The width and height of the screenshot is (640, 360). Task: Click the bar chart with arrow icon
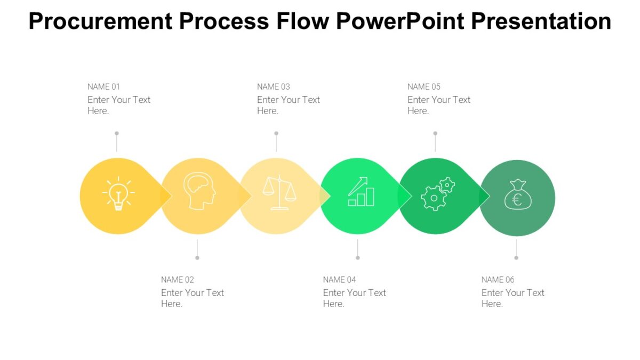coord(361,192)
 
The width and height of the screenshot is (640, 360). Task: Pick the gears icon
coord(438,194)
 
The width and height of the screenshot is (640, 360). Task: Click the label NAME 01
coord(104,86)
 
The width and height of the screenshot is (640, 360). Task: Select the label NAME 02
coord(178,279)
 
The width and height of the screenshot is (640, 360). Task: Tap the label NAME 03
coord(274,86)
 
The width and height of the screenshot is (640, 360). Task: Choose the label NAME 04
coord(340,279)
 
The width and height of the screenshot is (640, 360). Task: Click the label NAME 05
coord(424,86)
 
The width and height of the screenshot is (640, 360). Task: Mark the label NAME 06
coord(498,279)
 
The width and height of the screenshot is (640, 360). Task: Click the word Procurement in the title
coord(101,21)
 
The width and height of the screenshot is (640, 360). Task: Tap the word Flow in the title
coord(304,21)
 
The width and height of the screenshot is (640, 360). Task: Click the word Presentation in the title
coord(541,21)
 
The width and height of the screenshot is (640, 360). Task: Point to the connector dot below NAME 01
coord(117,133)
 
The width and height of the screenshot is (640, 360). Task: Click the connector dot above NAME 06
coord(516,258)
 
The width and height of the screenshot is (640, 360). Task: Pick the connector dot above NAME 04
coord(358,258)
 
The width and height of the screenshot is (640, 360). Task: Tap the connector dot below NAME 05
coord(435,133)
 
